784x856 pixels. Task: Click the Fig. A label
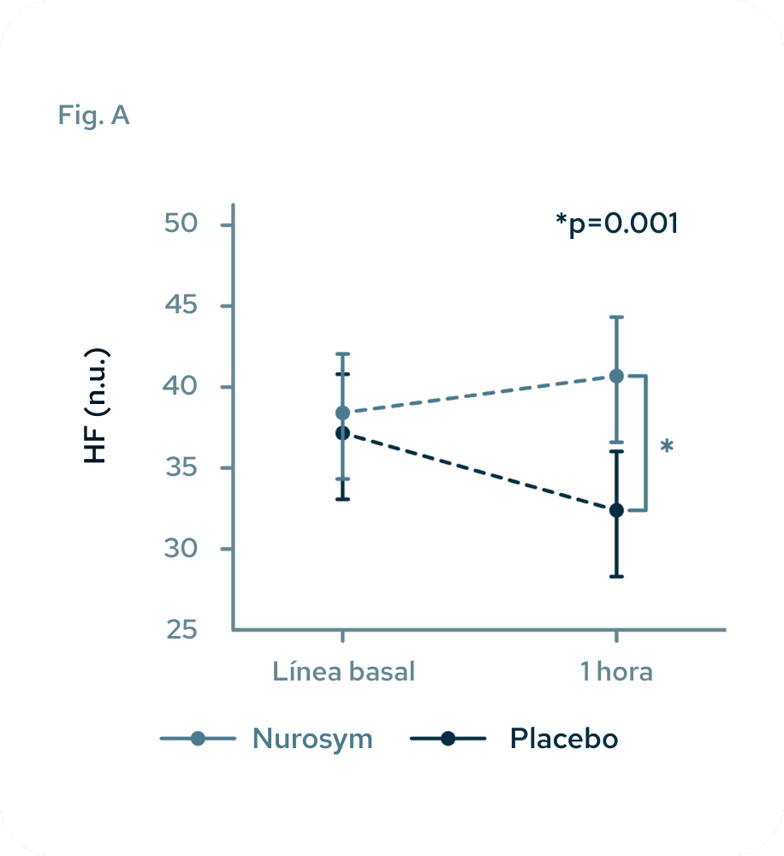click(93, 115)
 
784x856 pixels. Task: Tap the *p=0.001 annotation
click(616, 223)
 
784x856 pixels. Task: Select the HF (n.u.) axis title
click(97, 406)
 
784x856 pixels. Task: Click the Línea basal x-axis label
click(343, 671)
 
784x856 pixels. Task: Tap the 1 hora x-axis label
click(615, 671)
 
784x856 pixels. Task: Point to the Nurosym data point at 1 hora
click(615, 376)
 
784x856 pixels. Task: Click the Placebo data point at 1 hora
click(615, 510)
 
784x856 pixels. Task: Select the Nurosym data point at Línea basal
click(342, 413)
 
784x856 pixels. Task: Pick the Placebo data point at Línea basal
click(342, 433)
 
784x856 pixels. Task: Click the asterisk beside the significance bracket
click(667, 447)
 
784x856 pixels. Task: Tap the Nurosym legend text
click(312, 739)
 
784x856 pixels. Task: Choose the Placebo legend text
click(563, 738)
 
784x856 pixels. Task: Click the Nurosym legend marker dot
click(198, 739)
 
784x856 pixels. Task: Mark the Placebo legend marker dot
click(448, 739)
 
